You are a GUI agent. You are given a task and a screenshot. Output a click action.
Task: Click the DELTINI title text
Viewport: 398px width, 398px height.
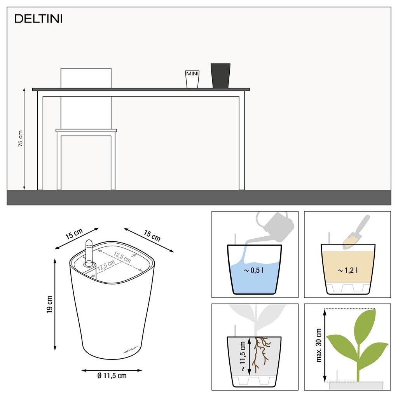[38, 19]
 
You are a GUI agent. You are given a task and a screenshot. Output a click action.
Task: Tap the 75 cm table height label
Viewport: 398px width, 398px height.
[21, 138]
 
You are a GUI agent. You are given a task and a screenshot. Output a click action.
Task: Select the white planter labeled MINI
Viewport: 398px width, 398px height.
[192, 79]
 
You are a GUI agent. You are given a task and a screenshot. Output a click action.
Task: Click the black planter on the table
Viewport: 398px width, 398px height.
[220, 76]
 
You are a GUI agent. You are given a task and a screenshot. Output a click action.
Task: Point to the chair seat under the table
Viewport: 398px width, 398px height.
[86, 131]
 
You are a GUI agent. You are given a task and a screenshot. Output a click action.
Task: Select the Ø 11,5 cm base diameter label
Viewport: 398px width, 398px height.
[112, 375]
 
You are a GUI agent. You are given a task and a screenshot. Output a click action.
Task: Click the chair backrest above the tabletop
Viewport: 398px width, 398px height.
[86, 78]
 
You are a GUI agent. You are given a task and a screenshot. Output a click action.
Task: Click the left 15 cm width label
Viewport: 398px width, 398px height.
[74, 234]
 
